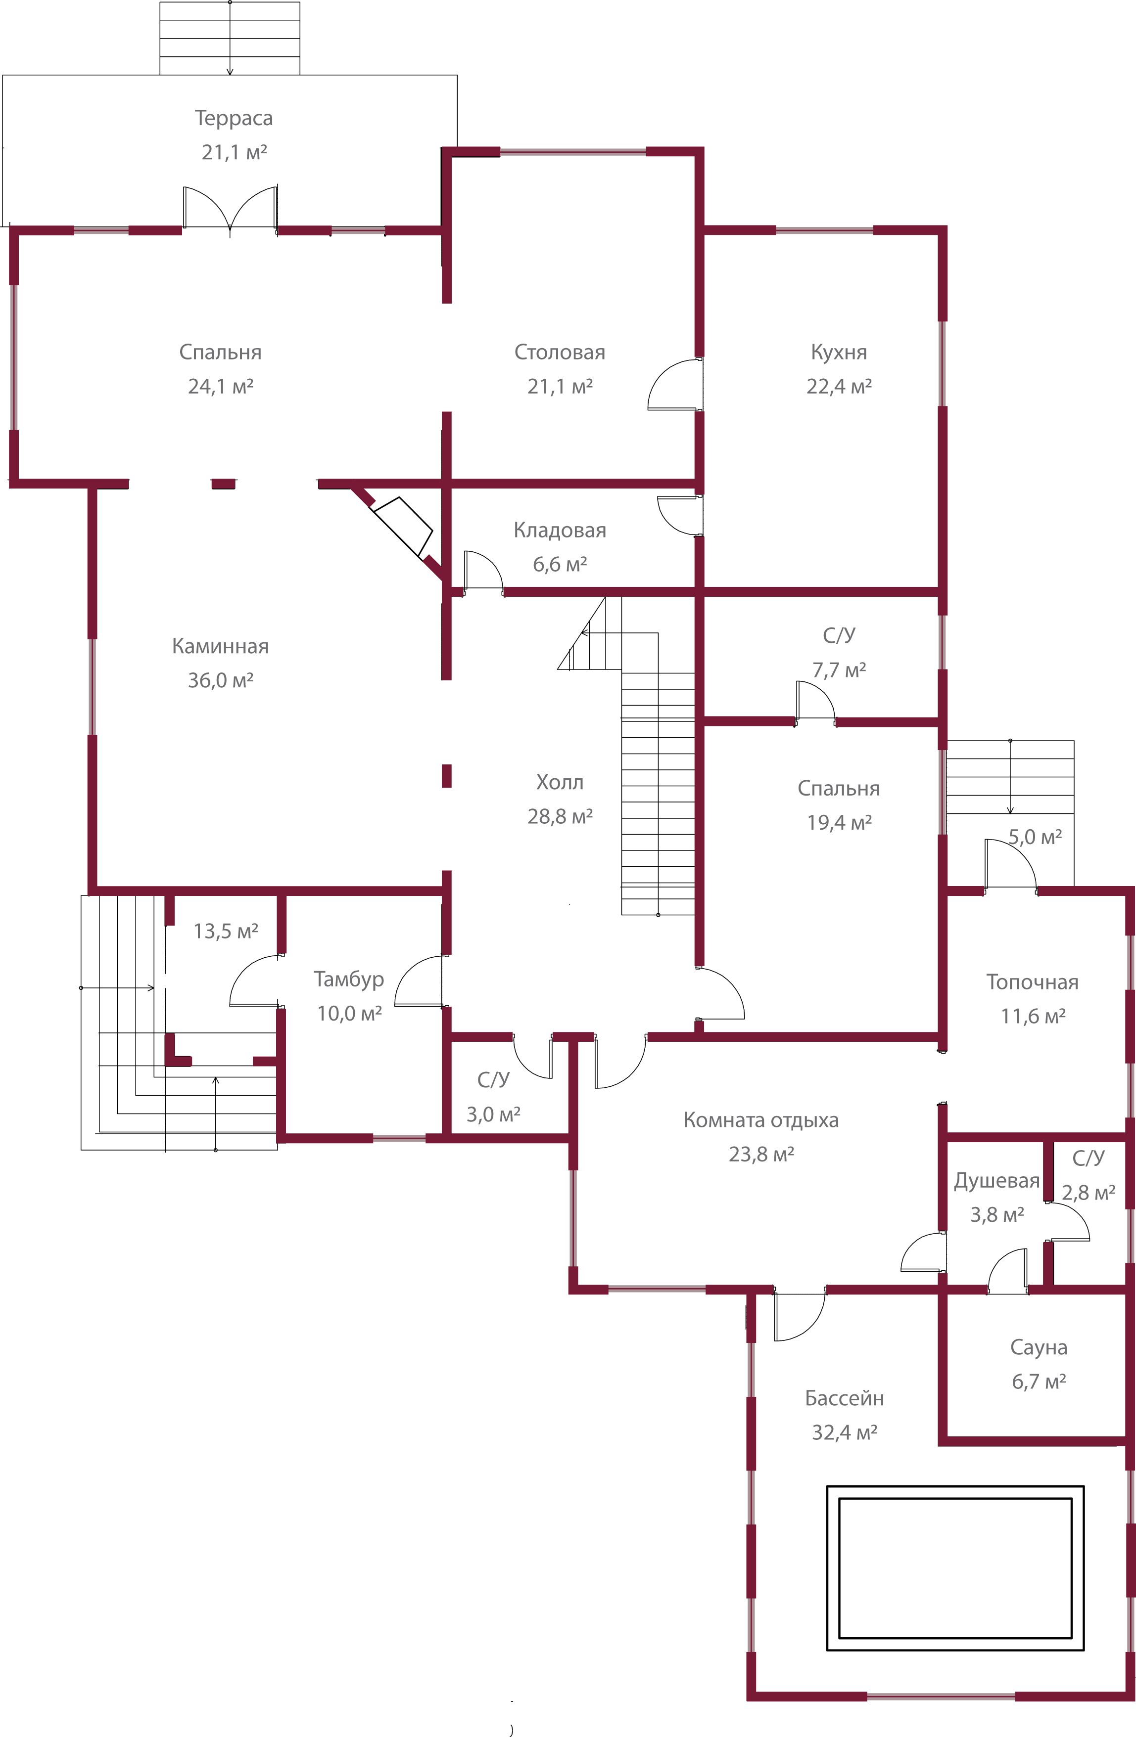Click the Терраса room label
point(234,118)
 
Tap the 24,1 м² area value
point(221,386)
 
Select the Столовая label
point(560,353)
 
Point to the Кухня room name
point(839,353)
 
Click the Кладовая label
point(560,531)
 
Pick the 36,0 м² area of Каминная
point(221,680)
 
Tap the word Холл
point(560,782)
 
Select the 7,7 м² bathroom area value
point(839,670)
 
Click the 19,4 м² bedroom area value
point(839,823)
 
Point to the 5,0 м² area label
point(1035,837)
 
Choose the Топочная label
point(1032,982)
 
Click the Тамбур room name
point(349,980)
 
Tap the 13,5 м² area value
point(226,931)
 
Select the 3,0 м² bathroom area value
point(493,1114)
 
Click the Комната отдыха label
point(761,1120)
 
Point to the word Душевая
point(996,1181)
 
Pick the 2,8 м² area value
point(1088,1193)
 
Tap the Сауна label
point(1038,1347)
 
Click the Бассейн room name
point(844,1398)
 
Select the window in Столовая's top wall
point(572,152)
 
